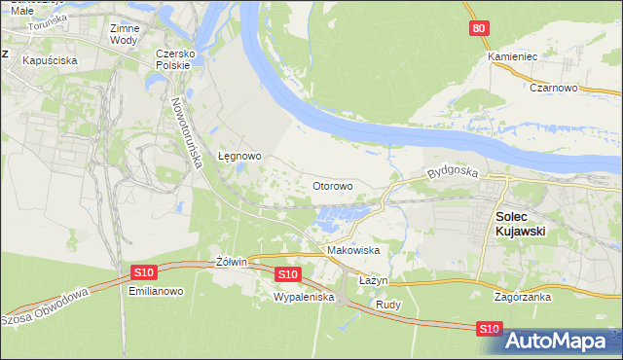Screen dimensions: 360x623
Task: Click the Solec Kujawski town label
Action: [519, 225]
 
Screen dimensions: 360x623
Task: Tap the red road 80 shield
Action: [476, 29]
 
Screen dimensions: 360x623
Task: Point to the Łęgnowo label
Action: [239, 156]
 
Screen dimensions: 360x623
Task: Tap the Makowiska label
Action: [352, 250]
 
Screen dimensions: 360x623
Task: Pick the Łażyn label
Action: [374, 280]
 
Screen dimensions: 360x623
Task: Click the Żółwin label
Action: [234, 263]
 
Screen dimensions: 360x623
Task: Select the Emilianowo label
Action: [150, 291]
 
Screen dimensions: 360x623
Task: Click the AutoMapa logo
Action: [562, 341]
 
